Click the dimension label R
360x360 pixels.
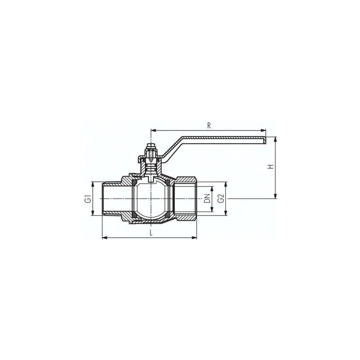(x=209, y=126)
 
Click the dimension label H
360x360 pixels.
(x=271, y=166)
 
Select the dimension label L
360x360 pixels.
(x=151, y=233)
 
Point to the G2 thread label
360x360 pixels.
(x=221, y=198)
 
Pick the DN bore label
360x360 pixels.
(x=207, y=198)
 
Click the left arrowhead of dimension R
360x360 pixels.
(x=153, y=130)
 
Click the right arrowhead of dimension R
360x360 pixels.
(x=263, y=130)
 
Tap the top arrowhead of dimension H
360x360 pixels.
(x=275, y=139)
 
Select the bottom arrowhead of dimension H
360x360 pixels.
(x=275, y=196)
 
